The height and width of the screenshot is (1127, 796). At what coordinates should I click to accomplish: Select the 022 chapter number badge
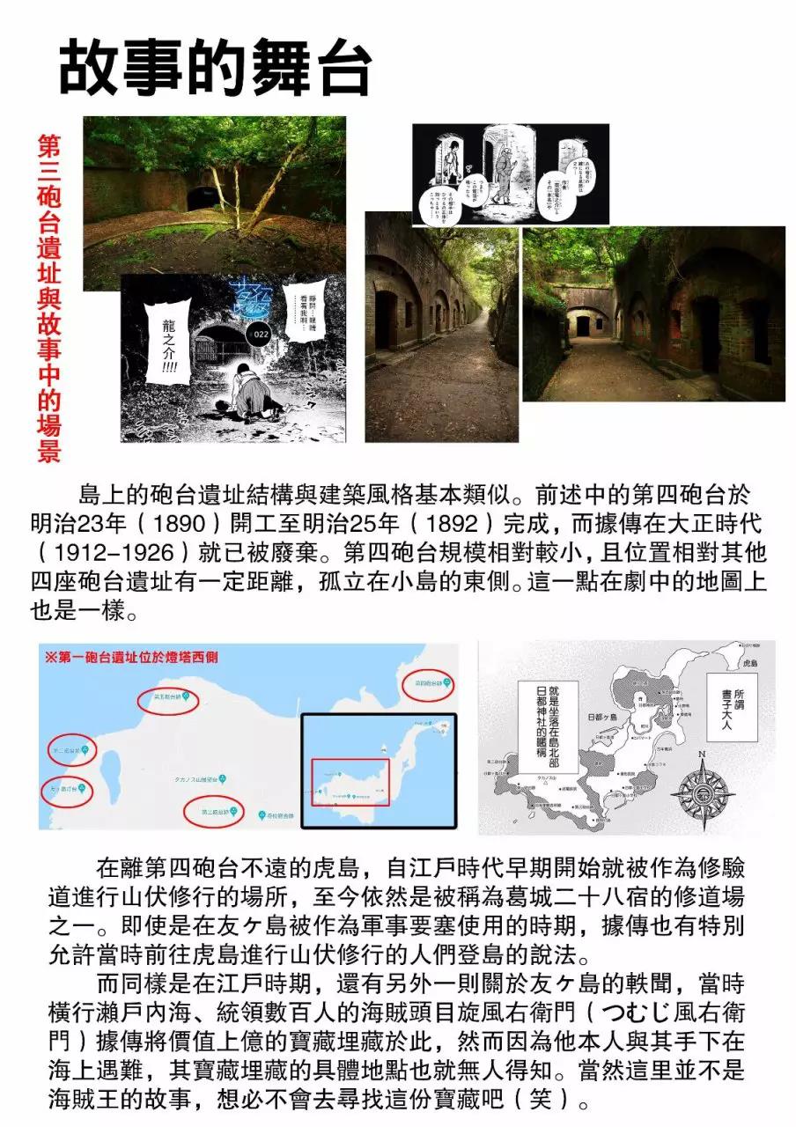260,335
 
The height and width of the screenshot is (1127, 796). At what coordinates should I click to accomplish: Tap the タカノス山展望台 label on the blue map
188,779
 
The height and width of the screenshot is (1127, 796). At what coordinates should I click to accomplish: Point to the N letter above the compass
702,754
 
